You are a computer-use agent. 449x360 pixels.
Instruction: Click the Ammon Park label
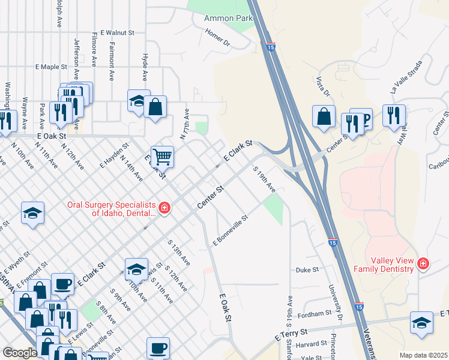click(228, 19)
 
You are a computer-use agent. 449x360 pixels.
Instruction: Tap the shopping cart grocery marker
click(162, 157)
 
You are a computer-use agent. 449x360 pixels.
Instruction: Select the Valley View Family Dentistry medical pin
click(424, 264)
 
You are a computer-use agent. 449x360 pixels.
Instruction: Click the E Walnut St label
click(118, 33)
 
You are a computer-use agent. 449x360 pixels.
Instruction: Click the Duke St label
click(307, 271)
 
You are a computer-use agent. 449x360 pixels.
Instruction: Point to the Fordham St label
click(315, 313)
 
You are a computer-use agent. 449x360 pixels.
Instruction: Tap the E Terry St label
click(291, 335)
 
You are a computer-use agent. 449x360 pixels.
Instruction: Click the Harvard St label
click(310, 344)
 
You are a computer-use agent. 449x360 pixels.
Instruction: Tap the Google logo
click(20, 353)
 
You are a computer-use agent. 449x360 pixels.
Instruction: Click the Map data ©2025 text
click(423, 355)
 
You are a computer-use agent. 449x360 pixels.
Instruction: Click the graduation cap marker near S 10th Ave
click(136, 269)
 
